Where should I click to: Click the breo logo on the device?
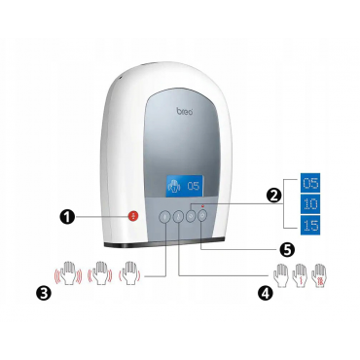coord(185,111)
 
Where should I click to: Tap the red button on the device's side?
coord(134,216)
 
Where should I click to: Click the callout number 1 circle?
coord(67,217)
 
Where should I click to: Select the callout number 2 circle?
coord(273,196)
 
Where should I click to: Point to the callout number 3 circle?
coord(45,294)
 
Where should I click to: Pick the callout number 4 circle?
coord(265,294)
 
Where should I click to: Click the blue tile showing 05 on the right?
coord(310,183)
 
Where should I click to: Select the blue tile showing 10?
coord(310,204)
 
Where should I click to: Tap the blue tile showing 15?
coord(310,225)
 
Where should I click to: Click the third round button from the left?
coord(191,217)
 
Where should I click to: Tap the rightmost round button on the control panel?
coord(202,216)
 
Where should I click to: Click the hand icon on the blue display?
coord(174,186)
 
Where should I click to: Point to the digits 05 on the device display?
coord(193,186)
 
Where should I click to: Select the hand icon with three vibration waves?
coord(68,273)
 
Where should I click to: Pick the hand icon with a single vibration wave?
coord(130,273)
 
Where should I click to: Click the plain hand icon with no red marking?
coord(281,274)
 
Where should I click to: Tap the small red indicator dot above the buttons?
coord(202,205)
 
